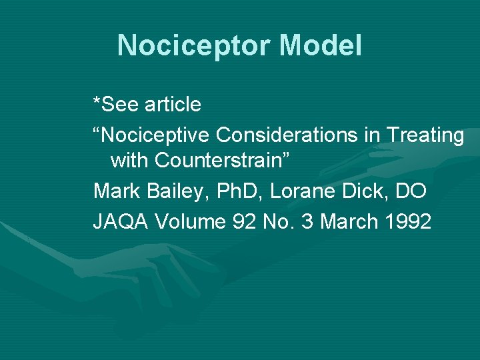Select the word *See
pos(115,104)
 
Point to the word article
pos(171,104)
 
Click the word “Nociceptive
pos(151,136)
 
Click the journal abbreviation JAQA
pos(121,221)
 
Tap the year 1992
pos(408,221)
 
